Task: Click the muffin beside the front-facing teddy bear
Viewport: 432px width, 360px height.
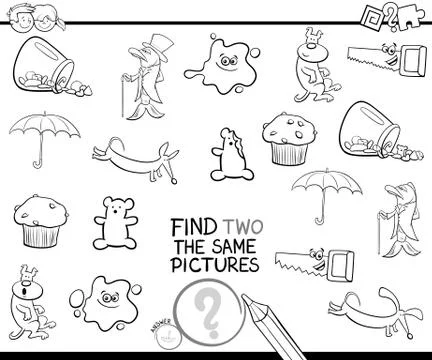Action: tap(38, 222)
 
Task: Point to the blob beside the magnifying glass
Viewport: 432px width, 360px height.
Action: tap(100, 300)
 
